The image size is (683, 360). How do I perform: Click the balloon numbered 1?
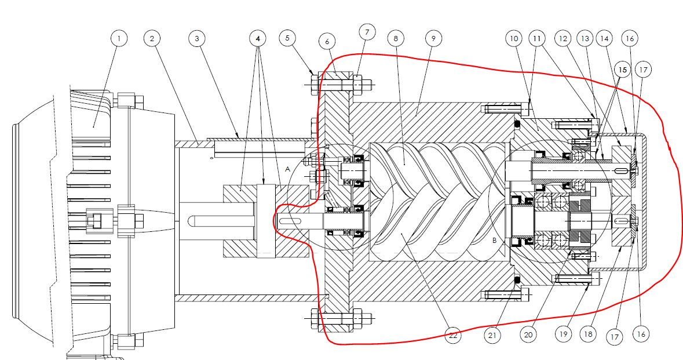click(119, 38)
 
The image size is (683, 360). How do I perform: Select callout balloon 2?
click(152, 38)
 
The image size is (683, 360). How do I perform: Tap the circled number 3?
click(197, 38)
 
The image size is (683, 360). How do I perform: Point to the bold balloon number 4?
click(258, 38)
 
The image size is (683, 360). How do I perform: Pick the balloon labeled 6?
click(327, 42)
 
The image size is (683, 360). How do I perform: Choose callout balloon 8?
click(396, 38)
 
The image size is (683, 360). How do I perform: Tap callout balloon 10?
click(513, 38)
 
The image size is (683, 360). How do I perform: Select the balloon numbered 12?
click(562, 38)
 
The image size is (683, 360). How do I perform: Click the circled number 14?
click(605, 38)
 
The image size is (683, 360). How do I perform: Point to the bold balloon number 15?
click(623, 68)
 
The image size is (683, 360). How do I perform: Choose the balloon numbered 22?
click(454, 334)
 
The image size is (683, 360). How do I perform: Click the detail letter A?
click(288, 168)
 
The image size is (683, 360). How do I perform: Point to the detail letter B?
click(495, 239)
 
